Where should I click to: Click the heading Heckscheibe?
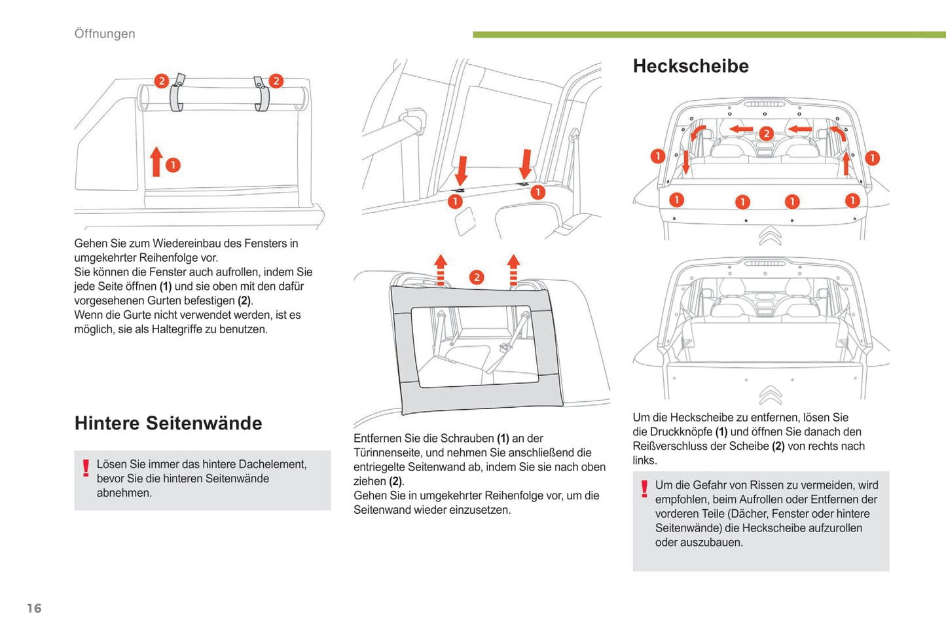691,66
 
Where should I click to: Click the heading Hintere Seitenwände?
168,424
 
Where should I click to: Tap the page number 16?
34,608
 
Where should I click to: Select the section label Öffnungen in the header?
105,33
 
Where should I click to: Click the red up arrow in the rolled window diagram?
156,162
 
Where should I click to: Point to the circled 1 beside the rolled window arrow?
173,165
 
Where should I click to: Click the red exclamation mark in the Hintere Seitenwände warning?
86,468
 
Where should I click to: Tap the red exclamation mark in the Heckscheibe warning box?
644,489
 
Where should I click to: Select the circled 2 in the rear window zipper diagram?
766,134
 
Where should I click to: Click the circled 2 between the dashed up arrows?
477,277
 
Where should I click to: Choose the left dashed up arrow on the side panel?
441,270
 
